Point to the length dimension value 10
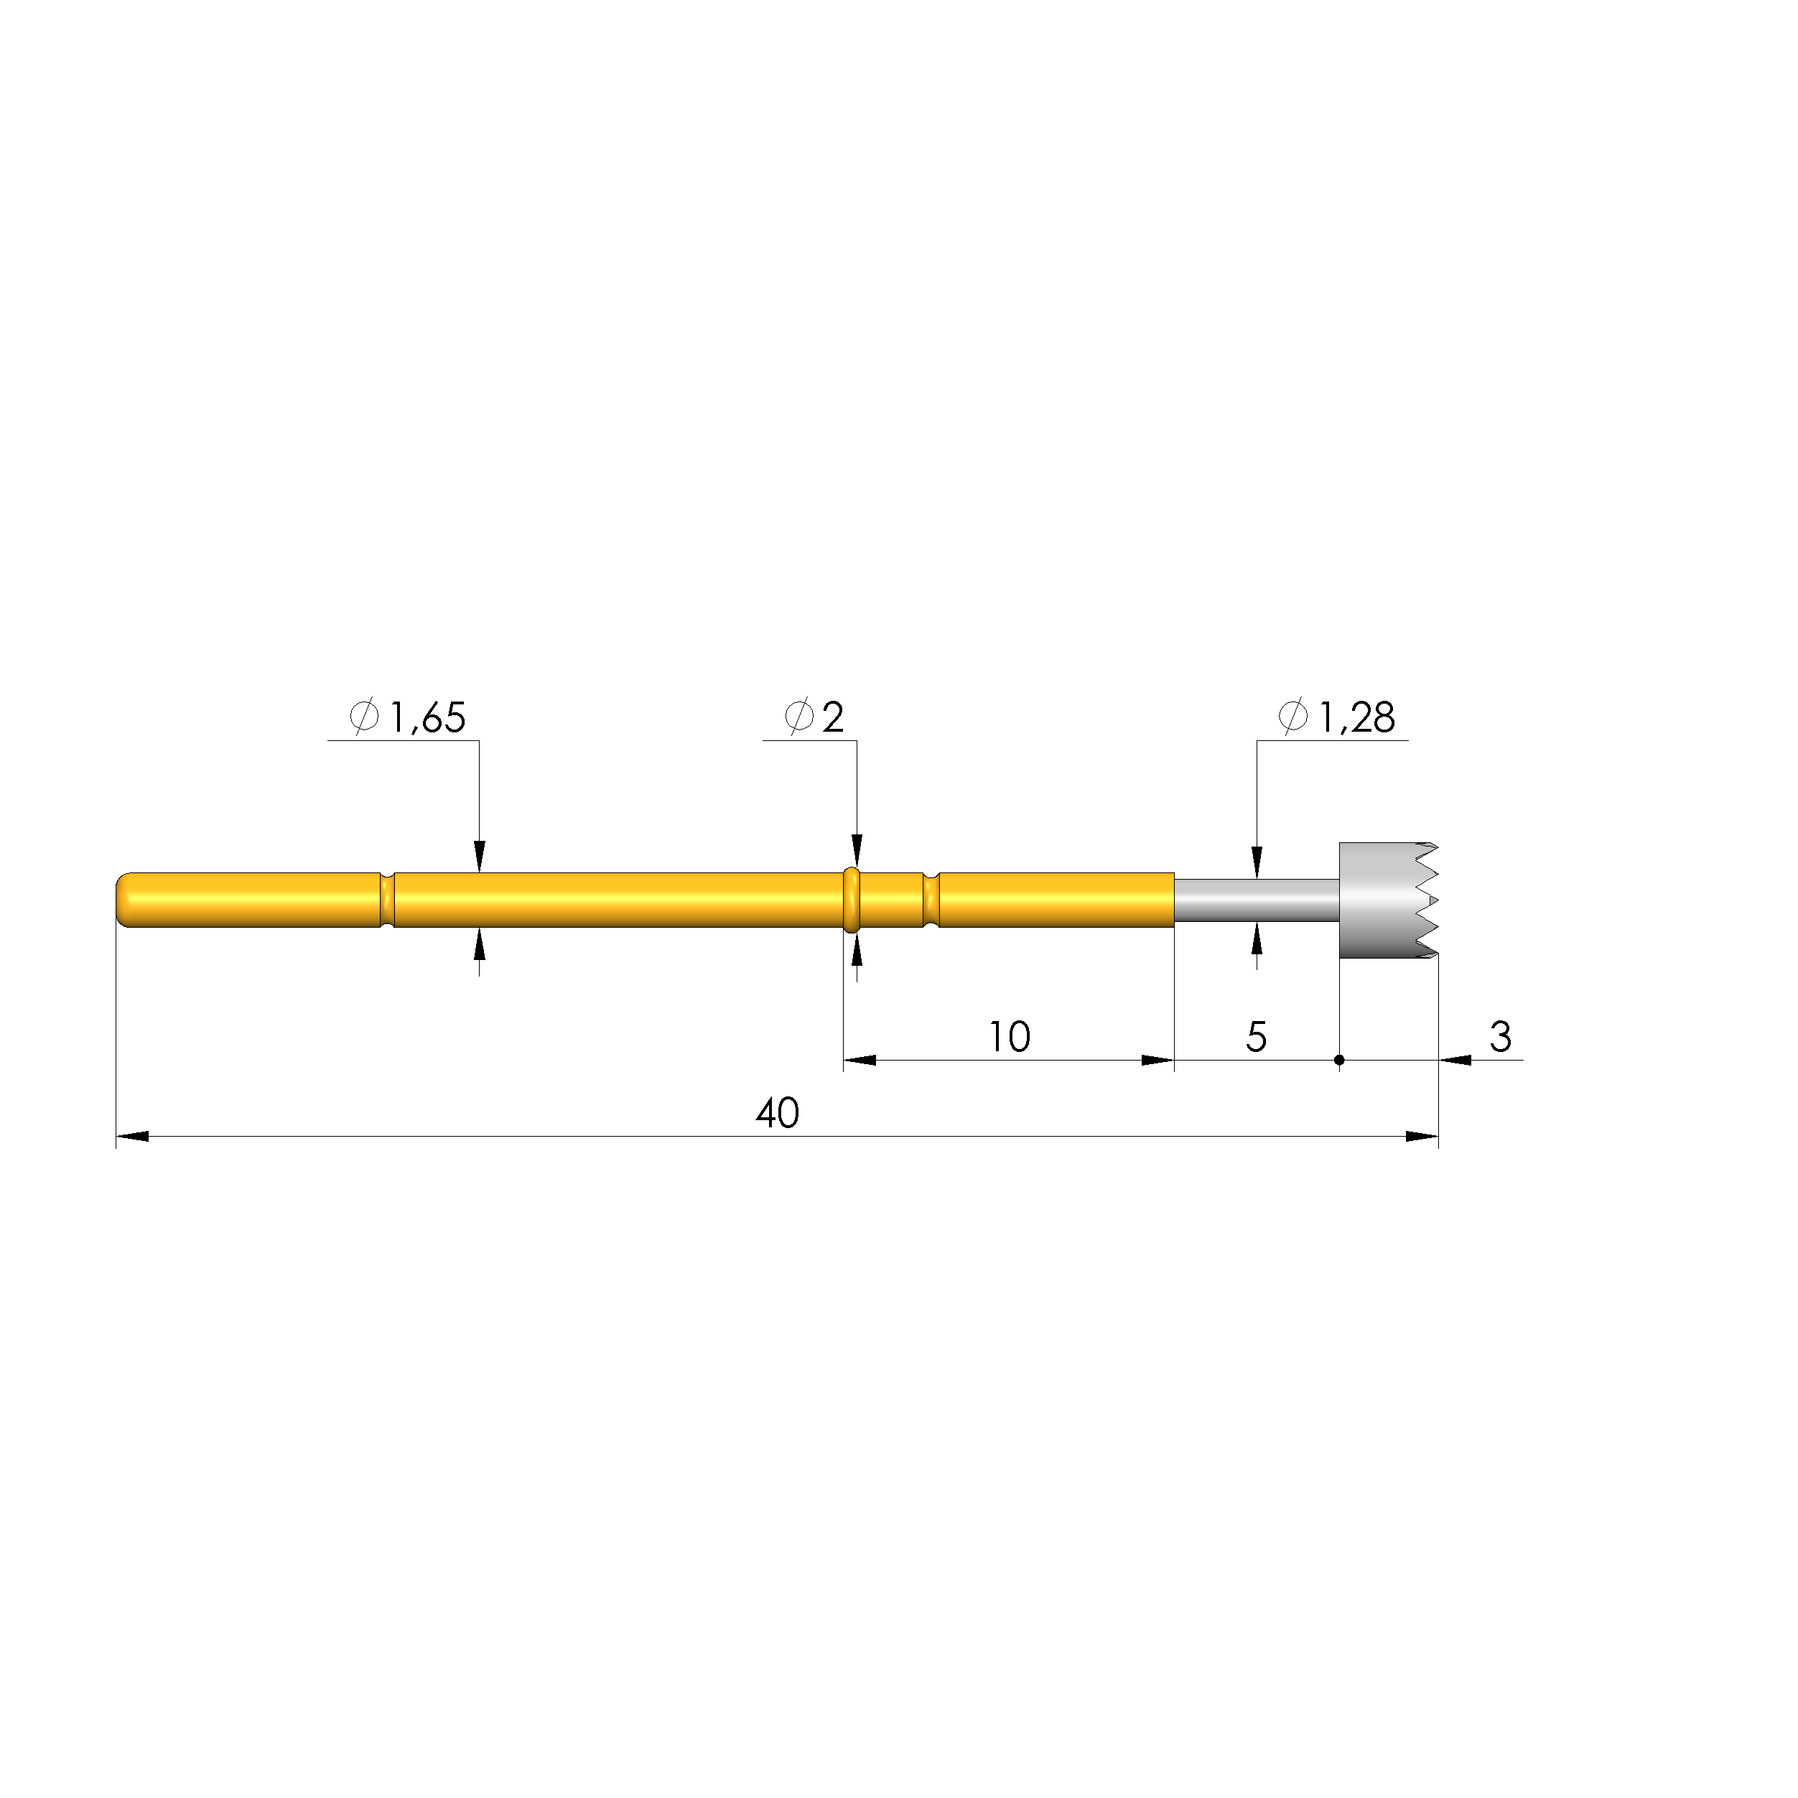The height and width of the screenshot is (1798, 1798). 1010,1037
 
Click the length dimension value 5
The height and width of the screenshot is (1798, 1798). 1257,1037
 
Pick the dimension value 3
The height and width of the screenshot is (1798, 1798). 1500,1037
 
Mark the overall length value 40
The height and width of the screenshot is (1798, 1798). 777,1113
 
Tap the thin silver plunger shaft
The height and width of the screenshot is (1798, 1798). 1257,900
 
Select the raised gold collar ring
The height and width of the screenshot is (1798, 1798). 851,900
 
